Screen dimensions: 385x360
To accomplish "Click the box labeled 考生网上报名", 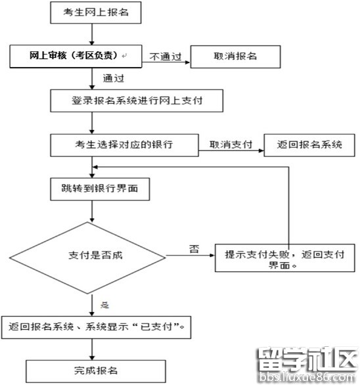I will point(92,12).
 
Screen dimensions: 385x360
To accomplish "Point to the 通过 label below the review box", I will point(113,78).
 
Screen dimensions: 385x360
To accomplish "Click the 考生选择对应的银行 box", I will point(125,145).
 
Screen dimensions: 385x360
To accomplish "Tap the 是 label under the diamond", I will point(104,304).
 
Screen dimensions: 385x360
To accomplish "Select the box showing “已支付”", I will point(98,327).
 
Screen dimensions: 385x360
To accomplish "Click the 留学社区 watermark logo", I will point(305,365).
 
